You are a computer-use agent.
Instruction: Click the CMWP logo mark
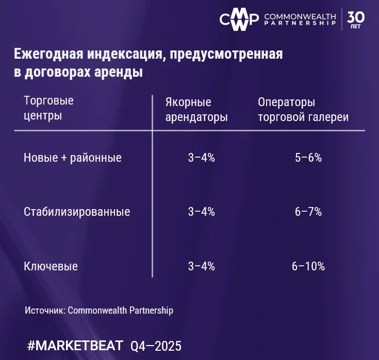click(x=239, y=19)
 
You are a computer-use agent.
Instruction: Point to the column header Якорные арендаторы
click(x=196, y=109)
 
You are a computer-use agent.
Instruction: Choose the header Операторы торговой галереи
click(x=303, y=109)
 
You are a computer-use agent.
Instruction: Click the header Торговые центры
click(x=48, y=108)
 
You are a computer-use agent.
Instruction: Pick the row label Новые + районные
click(x=73, y=158)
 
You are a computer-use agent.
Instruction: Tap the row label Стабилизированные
click(x=77, y=212)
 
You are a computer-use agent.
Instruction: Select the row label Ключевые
click(x=51, y=266)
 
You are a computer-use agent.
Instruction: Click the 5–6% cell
click(x=308, y=158)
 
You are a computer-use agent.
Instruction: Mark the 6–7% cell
click(x=308, y=212)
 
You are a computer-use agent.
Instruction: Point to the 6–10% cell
click(x=308, y=266)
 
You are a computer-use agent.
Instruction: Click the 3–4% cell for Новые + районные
click(x=201, y=158)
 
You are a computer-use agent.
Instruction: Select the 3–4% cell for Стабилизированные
click(x=201, y=212)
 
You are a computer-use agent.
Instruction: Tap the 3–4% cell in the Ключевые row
click(x=201, y=266)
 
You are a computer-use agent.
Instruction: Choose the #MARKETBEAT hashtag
click(x=75, y=345)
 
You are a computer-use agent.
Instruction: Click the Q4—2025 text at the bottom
click(x=156, y=346)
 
